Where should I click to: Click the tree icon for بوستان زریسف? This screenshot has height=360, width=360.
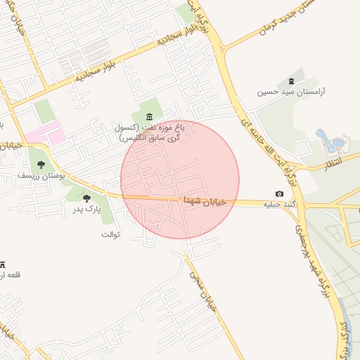tap(41, 164)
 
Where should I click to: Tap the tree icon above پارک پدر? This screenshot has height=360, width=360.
tap(86, 198)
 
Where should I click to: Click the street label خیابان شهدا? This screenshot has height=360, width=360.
tap(204, 201)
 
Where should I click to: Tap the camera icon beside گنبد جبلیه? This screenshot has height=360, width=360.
tap(280, 194)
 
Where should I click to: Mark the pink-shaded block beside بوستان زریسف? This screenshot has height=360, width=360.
tap(46, 134)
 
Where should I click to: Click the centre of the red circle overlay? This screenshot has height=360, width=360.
tap(180, 179)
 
